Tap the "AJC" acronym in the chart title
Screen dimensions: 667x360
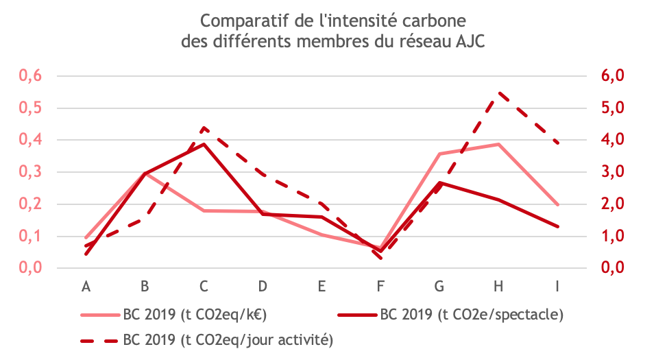click(x=470, y=42)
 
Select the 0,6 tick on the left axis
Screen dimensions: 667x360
click(x=31, y=75)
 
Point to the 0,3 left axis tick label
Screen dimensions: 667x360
click(x=31, y=172)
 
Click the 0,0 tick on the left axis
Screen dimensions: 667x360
click(x=31, y=268)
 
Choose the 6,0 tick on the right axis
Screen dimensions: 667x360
click(x=613, y=75)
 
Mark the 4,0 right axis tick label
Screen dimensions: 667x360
click(x=613, y=140)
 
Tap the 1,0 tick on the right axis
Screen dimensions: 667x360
click(x=613, y=236)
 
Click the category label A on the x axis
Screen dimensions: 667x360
click(x=86, y=287)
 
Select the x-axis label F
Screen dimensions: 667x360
click(x=380, y=287)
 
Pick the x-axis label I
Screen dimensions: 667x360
click(x=557, y=287)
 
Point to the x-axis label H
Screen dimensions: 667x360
click(x=498, y=287)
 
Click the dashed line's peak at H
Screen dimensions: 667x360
click(x=498, y=93)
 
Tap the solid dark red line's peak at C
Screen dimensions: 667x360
click(x=204, y=144)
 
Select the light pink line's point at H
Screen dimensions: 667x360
click(x=498, y=144)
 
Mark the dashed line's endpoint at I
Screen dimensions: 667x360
click(x=557, y=143)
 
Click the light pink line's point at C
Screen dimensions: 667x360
click(x=204, y=211)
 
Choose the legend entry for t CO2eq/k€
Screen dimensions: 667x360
click(x=174, y=315)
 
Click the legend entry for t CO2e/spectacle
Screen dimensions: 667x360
click(x=450, y=315)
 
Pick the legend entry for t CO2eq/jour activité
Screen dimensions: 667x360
click(x=207, y=340)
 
